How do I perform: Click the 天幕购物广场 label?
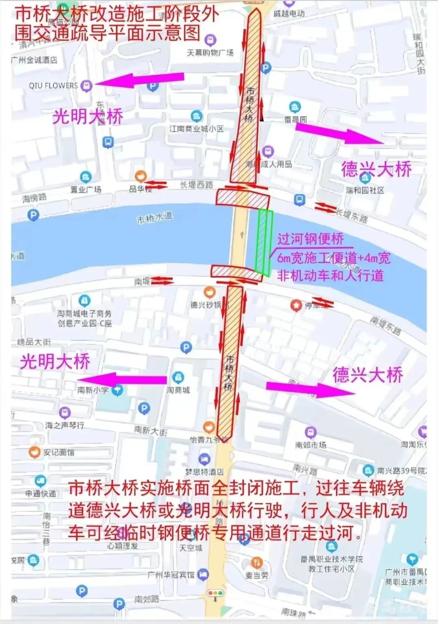point(210,53)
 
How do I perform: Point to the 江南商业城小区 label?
point(197,129)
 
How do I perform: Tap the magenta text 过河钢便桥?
point(311,239)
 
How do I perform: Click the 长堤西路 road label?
point(197,185)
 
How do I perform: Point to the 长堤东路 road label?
point(351,215)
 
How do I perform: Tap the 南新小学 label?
point(93,390)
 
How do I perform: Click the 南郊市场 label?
point(311,445)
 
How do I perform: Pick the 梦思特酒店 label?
point(204,472)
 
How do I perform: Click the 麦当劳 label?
point(257,575)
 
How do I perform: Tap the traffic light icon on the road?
point(215,593)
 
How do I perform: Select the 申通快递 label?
point(41,494)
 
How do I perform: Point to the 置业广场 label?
point(86,189)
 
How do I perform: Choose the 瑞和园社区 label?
point(365,190)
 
